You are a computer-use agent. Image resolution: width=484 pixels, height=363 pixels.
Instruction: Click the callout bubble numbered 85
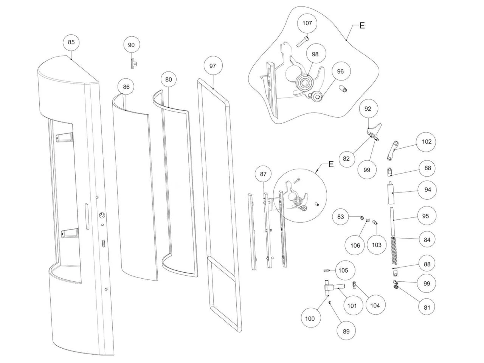click(71, 42)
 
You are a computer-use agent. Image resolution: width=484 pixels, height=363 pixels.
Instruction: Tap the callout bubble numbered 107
click(307, 23)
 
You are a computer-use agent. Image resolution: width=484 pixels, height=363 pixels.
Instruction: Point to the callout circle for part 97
click(213, 66)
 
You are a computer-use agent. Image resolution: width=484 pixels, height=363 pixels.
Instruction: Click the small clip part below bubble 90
click(133, 63)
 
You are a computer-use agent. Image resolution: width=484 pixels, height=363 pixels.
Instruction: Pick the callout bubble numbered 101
click(352, 306)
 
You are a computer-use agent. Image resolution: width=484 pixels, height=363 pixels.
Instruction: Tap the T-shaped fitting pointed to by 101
click(331, 289)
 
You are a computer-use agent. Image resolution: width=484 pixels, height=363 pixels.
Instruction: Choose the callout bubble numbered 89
click(346, 331)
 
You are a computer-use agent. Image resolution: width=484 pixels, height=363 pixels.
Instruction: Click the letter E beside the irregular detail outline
click(362, 26)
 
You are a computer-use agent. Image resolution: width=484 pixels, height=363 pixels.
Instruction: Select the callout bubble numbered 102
click(427, 142)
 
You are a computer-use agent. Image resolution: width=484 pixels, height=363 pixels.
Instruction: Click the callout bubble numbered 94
click(427, 190)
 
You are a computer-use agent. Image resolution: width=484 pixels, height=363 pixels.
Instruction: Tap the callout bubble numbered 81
click(427, 307)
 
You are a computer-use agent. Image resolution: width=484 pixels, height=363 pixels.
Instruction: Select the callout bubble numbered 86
click(126, 87)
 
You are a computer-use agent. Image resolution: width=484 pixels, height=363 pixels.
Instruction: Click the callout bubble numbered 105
click(343, 270)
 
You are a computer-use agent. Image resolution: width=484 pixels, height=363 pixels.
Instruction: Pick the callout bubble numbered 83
click(341, 217)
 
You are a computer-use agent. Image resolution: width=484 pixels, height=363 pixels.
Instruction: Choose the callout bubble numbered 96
click(340, 71)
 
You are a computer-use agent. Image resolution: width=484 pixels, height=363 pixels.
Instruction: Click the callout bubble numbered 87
click(263, 174)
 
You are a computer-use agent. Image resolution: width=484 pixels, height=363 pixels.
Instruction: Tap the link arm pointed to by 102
click(392, 150)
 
